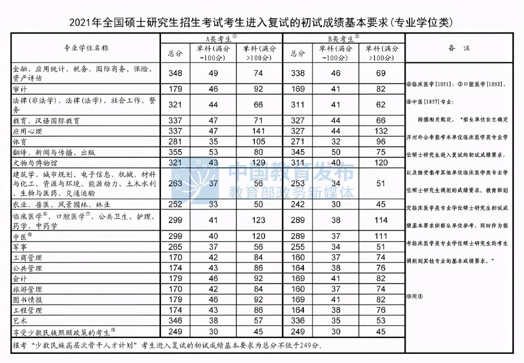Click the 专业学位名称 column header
(86, 48)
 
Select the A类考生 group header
(221, 38)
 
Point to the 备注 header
(459, 48)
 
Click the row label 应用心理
(27, 131)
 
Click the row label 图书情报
(27, 300)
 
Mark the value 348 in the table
(175, 73)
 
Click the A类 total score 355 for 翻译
(175, 152)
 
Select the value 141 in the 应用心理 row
(258, 131)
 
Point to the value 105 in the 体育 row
(258, 142)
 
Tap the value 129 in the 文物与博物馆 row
(258, 163)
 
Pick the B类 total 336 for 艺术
(298, 321)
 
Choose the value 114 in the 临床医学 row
(381, 220)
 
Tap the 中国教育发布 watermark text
(291, 173)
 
